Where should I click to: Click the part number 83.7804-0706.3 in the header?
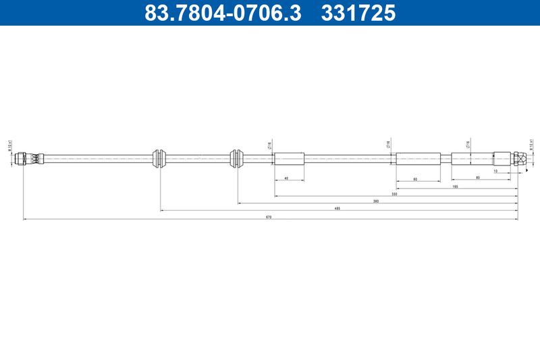click(x=223, y=13)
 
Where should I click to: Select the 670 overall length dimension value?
click(x=268, y=217)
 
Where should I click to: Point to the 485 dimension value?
click(x=337, y=209)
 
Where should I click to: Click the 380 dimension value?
click(x=376, y=201)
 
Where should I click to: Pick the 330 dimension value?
click(x=394, y=194)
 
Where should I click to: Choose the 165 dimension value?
click(x=456, y=186)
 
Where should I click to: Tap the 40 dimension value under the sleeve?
click(x=287, y=178)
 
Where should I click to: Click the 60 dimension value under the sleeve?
click(x=414, y=178)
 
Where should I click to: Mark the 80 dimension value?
click(x=478, y=178)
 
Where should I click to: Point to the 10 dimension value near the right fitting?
click(x=495, y=171)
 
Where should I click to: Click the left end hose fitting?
click(x=30, y=159)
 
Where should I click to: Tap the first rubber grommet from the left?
click(x=160, y=158)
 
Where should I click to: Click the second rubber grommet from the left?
click(x=237, y=158)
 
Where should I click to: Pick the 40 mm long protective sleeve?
click(x=289, y=159)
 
